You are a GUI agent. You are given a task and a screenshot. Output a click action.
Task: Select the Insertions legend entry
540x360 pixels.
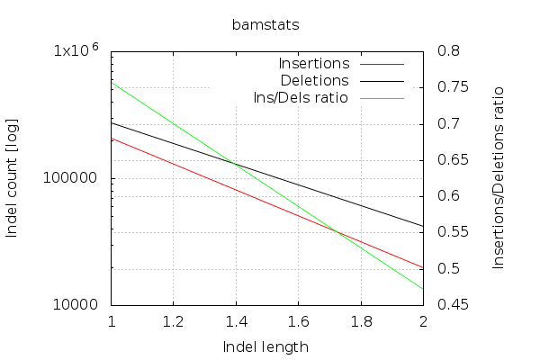[314, 64]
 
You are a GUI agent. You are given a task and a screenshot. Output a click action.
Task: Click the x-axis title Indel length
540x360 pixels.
[265, 346]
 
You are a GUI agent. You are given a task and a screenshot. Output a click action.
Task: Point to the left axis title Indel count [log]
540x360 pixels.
[13, 177]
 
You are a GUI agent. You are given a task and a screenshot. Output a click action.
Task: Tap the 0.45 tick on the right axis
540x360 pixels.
[450, 305]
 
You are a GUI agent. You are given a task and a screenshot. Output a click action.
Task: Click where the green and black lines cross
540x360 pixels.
[237, 164]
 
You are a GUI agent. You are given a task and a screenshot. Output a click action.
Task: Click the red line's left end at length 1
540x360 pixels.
[112, 138]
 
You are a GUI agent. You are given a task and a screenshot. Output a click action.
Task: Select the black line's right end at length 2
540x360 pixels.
[423, 226]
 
